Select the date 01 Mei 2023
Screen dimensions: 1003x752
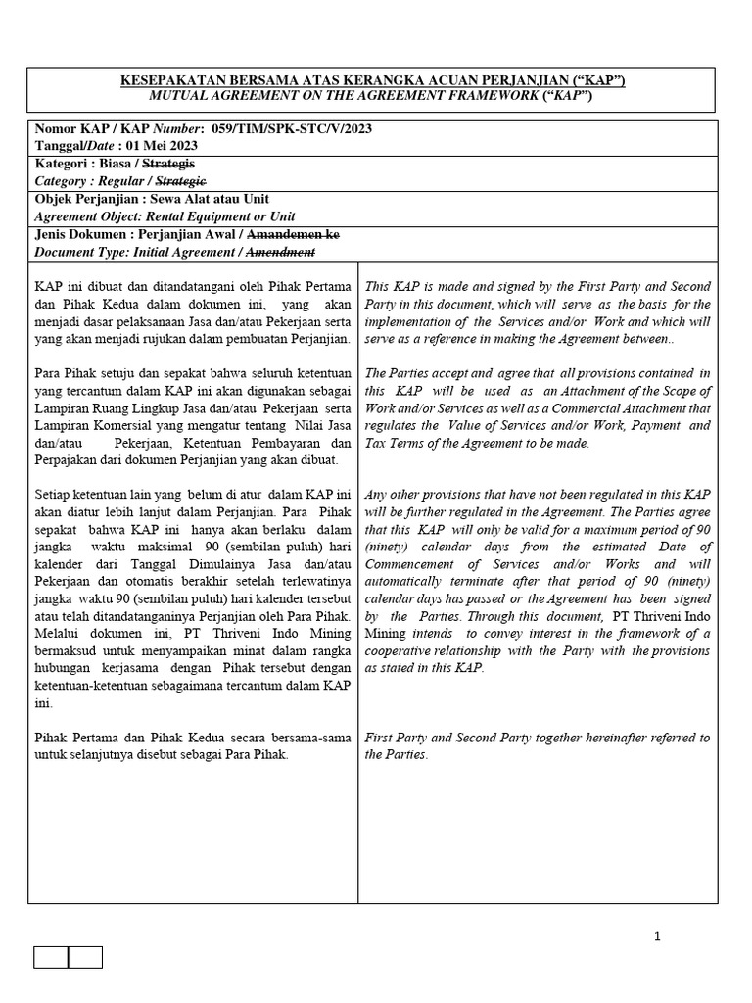pyautogui.click(x=157, y=145)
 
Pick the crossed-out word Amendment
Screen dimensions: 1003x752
pyautogui.click(x=280, y=252)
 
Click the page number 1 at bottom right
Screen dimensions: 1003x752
pyautogui.click(x=657, y=936)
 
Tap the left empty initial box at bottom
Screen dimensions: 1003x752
pyautogui.click(x=51, y=957)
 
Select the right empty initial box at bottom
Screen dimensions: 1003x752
pyautogui.click(x=85, y=957)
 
